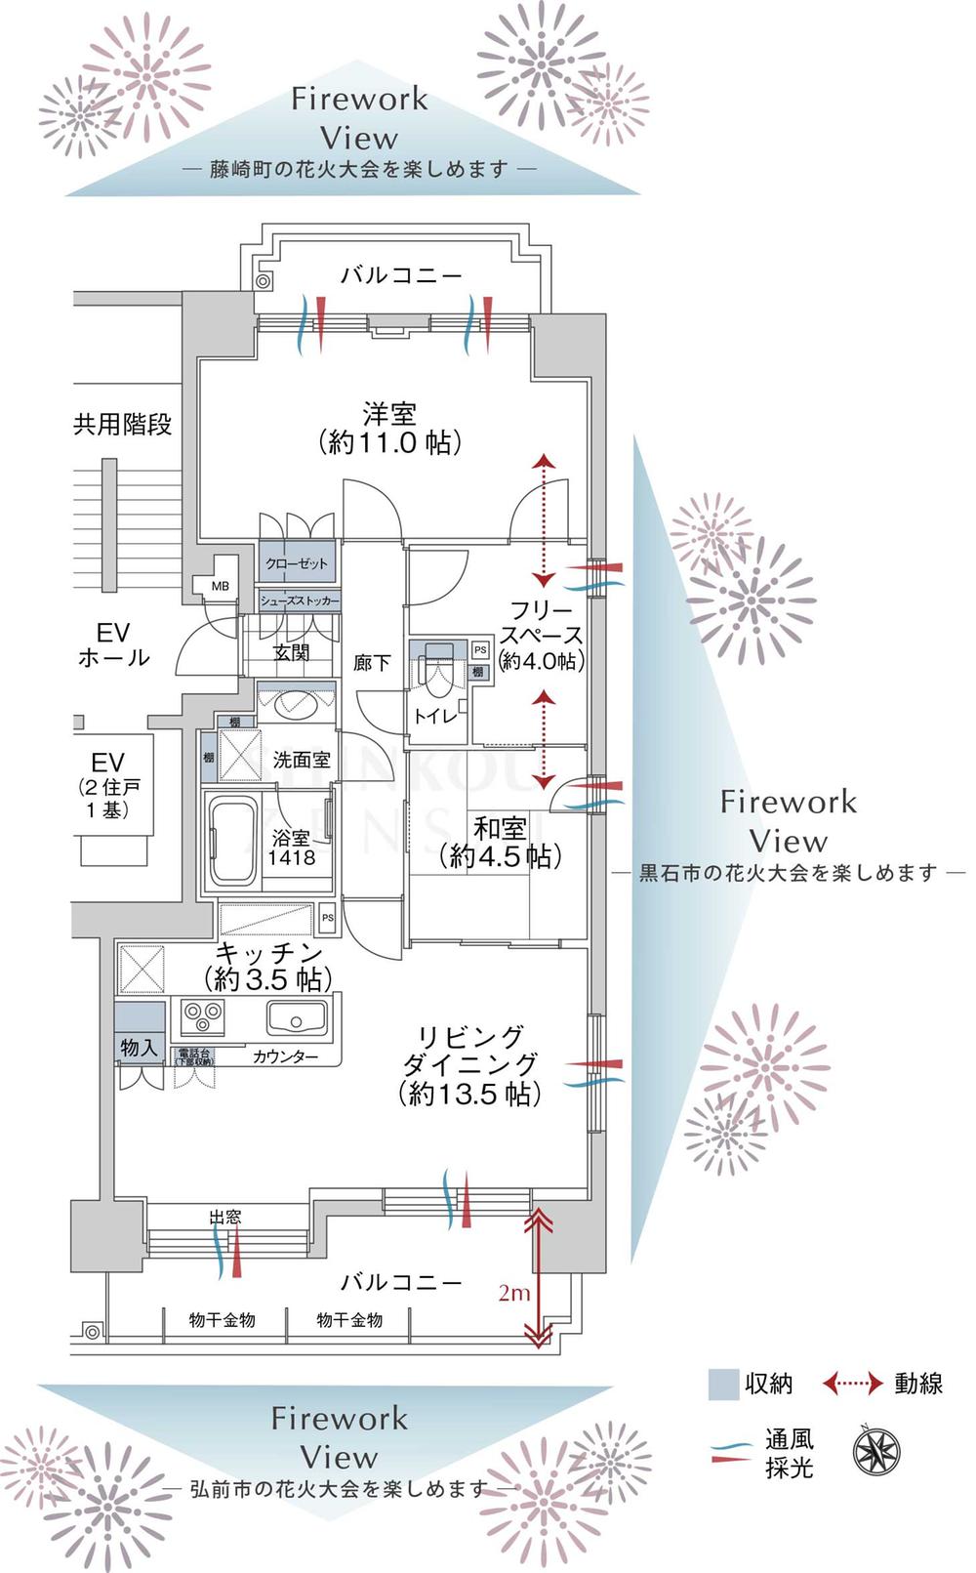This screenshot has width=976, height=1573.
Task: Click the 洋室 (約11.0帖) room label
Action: [x=389, y=428]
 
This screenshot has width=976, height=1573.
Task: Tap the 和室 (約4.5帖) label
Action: [x=501, y=843]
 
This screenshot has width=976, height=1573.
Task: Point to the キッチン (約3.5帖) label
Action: [x=268, y=966]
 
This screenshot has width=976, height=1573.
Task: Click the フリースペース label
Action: [x=542, y=636]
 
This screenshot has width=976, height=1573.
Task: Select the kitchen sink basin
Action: [x=296, y=1018]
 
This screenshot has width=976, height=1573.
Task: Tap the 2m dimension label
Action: [x=514, y=1293]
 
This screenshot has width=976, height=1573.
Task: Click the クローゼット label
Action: [x=297, y=563]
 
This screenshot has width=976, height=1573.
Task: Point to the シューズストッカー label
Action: [x=300, y=600]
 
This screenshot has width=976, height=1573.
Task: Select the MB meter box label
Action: [x=221, y=586]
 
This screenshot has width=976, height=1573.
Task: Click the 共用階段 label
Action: [x=123, y=424]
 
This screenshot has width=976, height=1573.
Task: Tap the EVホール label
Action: [x=114, y=644]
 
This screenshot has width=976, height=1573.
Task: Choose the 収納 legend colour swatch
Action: [x=723, y=1385]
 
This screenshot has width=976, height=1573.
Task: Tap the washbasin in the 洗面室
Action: [x=296, y=703]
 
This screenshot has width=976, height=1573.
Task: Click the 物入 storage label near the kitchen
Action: [x=139, y=1048]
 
